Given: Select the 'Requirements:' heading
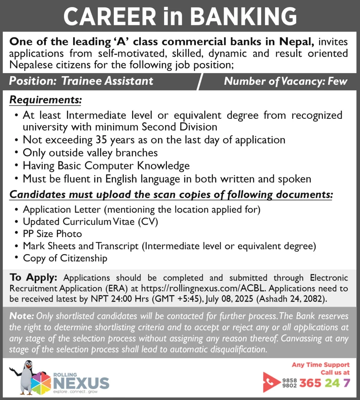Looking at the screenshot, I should pos(45,100).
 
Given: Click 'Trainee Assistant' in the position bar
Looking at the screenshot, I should pos(107,81).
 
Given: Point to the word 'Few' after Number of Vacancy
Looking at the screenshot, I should pos(338,82).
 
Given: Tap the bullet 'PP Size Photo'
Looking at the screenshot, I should pos(52,234).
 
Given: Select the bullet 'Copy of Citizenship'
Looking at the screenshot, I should pos(65,258).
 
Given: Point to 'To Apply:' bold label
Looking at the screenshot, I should pos(34,278).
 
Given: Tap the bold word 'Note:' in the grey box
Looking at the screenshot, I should pos(21,315).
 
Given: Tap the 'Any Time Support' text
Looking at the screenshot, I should pos(321,365).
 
